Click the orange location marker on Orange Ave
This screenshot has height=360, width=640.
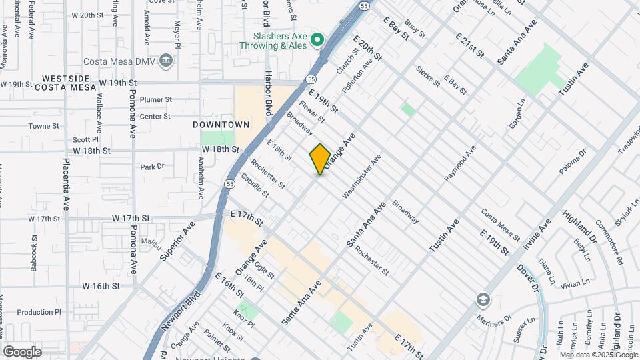tap(320, 159)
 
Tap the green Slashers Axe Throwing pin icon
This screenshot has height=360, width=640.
tap(318, 40)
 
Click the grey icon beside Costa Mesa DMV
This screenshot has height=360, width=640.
tap(166, 62)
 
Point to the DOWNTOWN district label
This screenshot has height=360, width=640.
tap(221, 125)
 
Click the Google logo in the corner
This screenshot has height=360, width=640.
tap(22, 351)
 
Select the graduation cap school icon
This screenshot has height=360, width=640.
tap(481, 300)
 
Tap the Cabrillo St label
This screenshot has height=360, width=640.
tap(255, 185)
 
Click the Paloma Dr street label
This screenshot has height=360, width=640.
tap(572, 162)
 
